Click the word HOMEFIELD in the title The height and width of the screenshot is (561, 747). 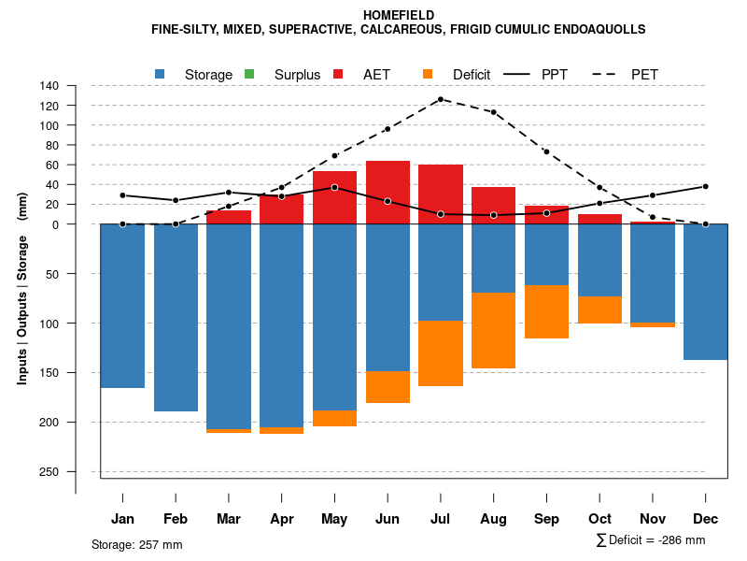click(398, 15)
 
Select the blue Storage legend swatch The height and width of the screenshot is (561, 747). click(161, 74)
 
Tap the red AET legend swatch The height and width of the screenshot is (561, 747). click(339, 74)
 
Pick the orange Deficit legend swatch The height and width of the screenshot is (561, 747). click(429, 74)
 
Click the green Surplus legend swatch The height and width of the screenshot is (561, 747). click(249, 74)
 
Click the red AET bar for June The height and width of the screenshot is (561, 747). click(388, 193)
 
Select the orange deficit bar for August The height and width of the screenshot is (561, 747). click(494, 330)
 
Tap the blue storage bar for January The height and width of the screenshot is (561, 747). click(122, 306)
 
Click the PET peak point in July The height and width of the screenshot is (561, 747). click(441, 99)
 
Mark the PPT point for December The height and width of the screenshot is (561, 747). click(706, 186)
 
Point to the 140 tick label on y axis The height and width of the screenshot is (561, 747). click(49, 85)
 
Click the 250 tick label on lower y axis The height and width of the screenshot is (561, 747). click(49, 471)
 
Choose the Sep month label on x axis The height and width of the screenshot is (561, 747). click(547, 519)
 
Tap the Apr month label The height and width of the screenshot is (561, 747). click(282, 519)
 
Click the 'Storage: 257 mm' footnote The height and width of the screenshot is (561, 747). click(137, 544)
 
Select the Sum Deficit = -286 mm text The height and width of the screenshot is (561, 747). click(651, 540)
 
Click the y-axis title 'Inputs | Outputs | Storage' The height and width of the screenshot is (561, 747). click(22, 288)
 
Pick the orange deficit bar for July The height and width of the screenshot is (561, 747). click(441, 353)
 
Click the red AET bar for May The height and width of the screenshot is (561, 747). click(334, 197)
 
